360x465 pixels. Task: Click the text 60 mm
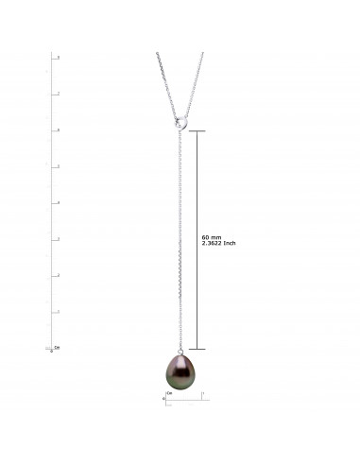coord(212,237)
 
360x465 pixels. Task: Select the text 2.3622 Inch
coord(220,245)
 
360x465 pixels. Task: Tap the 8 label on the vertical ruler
coord(59,58)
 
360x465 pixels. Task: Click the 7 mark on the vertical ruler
coord(59,94)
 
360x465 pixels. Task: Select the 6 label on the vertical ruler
coord(59,130)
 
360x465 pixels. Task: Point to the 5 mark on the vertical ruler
coord(59,166)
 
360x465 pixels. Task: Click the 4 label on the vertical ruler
coord(59,203)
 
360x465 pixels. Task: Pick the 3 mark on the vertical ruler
coord(59,239)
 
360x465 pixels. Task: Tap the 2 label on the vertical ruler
coord(59,275)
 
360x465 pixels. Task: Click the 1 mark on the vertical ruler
coord(59,312)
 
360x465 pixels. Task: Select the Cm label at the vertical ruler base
coord(57,347)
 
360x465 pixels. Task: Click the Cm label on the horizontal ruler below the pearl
coord(169,392)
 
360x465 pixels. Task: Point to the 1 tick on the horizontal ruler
coord(203,393)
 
